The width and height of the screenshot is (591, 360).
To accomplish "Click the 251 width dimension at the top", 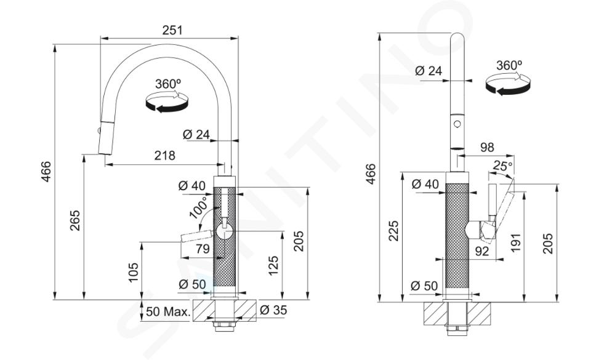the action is point(172,30).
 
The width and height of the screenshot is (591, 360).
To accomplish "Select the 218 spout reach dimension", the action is point(165,155).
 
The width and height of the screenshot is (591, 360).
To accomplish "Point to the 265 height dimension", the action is point(74,220).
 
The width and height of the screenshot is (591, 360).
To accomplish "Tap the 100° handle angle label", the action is point(199,208).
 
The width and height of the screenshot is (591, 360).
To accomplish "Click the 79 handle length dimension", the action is point(203,249).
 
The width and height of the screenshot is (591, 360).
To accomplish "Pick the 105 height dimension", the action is point(133,272).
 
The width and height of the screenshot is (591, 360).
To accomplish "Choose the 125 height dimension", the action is point(273,265).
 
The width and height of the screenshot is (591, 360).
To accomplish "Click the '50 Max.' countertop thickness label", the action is point(167,311).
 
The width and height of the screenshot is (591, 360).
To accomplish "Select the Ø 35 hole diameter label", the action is point(273,310).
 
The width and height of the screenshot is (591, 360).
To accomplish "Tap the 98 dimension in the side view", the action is point(486,147).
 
